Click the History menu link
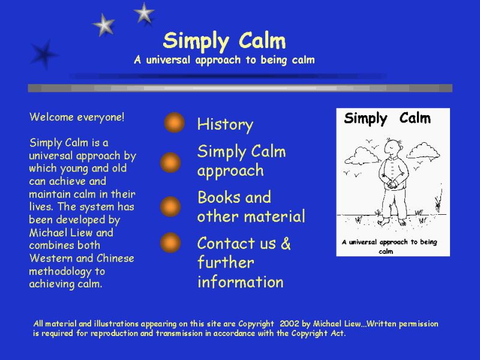[x=226, y=125]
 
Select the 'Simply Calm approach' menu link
[x=242, y=161]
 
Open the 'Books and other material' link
[x=251, y=207]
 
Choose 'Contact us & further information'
[x=244, y=263]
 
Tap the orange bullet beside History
[x=174, y=122]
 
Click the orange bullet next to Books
[x=170, y=206]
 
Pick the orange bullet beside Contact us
[x=170, y=243]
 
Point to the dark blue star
[x=44, y=55]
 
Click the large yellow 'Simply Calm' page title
[x=224, y=41]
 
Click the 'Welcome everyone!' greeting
[x=77, y=117]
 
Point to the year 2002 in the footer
[x=289, y=323]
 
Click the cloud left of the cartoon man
[x=362, y=155]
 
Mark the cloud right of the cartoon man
[x=424, y=151]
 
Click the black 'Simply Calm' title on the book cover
[x=387, y=118]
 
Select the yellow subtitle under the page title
[x=224, y=59]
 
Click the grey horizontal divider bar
[x=240, y=88]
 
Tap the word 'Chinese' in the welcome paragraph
[x=115, y=259]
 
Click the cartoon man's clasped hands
[x=392, y=184]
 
